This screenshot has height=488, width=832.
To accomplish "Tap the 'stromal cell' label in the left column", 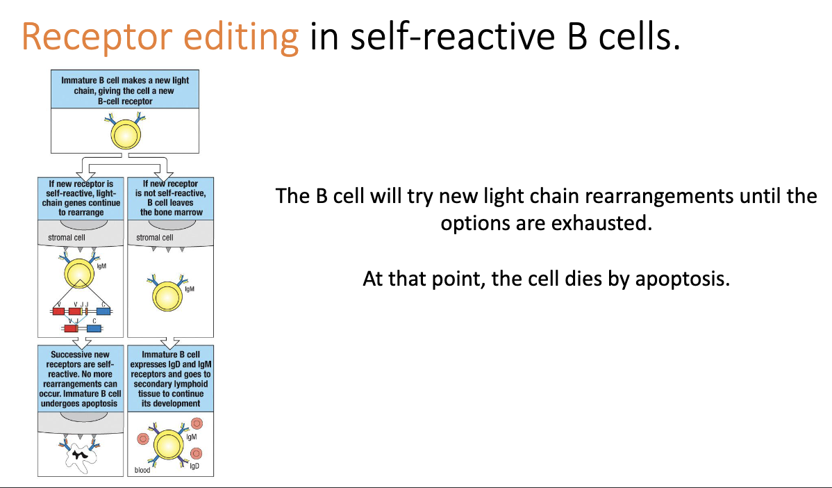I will [x=66, y=238].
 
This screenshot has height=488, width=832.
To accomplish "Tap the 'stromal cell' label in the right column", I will [x=154, y=238].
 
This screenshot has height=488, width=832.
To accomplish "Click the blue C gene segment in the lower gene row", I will [x=94, y=328].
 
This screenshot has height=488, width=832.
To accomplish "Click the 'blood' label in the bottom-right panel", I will [x=142, y=471].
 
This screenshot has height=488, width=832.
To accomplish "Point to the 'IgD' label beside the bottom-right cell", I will [x=194, y=465].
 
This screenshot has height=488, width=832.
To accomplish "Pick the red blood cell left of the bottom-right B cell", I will [x=144, y=439].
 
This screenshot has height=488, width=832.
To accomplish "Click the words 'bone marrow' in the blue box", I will [x=172, y=212].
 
